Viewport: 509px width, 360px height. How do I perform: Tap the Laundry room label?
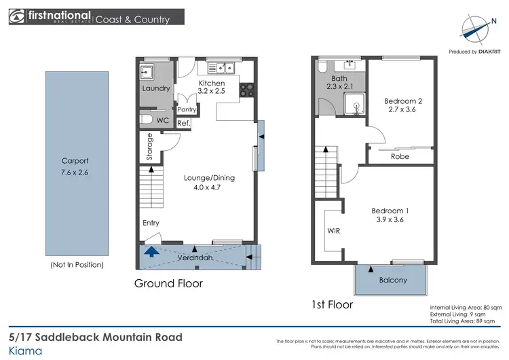[x=155, y=89]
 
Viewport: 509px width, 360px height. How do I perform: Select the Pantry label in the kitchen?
[x=187, y=109]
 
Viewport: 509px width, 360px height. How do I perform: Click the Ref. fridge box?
[x=183, y=123]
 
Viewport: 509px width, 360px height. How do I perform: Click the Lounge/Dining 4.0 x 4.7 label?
[x=209, y=183]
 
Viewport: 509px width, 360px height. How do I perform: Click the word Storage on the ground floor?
[x=150, y=147]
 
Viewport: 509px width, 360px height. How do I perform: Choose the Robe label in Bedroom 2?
[x=400, y=156]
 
